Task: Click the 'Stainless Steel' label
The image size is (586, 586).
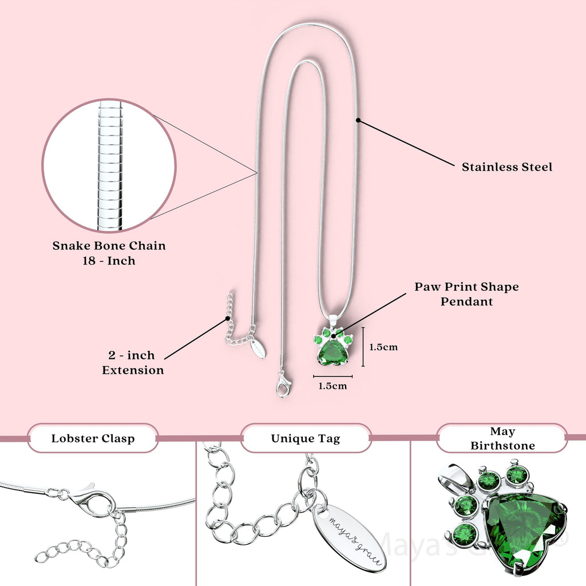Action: pos(507,167)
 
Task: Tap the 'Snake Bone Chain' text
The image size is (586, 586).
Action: pos(109,246)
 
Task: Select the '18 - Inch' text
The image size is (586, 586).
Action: pos(109,260)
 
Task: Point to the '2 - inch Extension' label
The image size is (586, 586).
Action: pos(133,363)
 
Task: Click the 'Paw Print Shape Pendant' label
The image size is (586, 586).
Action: pos(466,294)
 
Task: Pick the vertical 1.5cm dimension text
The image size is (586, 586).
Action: pos(383,347)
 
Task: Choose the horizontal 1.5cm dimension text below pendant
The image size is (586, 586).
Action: pos(332,386)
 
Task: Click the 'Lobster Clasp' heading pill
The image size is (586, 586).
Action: pos(93,439)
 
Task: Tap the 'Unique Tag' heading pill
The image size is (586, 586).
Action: pos(306,439)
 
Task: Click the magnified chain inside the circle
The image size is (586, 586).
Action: pos(109,166)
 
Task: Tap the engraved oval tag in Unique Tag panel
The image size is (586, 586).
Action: pos(349,536)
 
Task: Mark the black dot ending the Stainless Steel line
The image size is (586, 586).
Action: pos(358,120)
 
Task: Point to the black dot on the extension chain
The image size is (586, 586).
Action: pos(228,318)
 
